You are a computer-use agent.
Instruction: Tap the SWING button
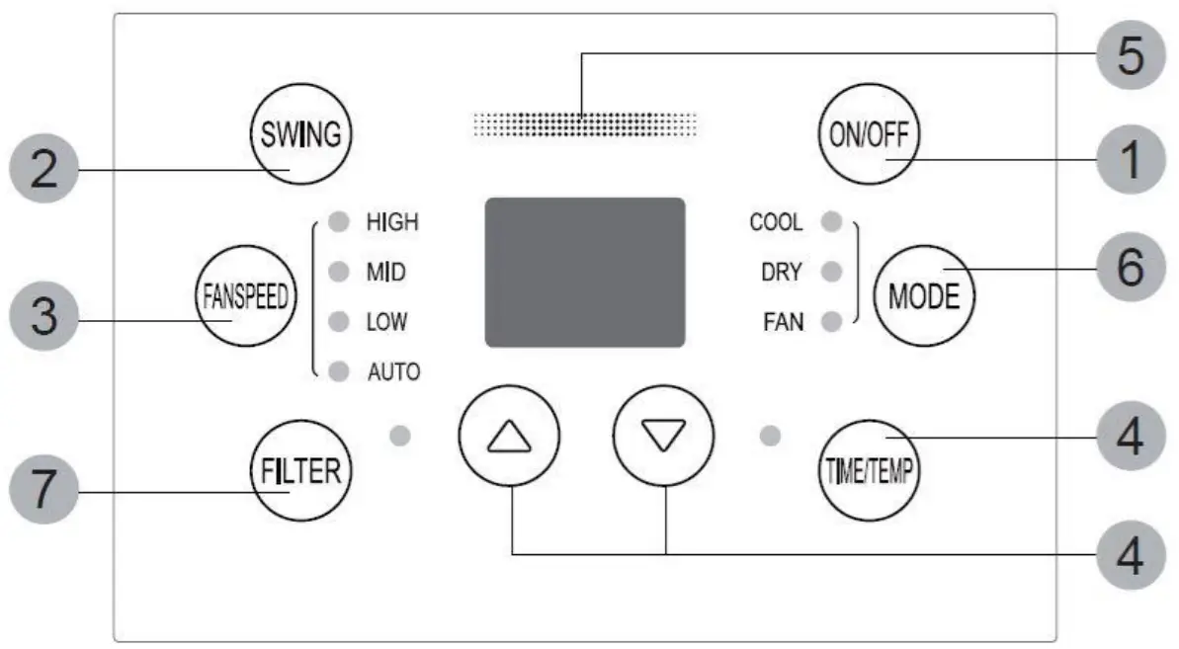(301, 133)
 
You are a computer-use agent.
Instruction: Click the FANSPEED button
(238, 299)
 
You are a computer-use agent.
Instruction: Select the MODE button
(923, 295)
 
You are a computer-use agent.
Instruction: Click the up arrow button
(509, 436)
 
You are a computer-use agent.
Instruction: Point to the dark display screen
(584, 273)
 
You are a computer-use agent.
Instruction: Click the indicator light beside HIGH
(339, 222)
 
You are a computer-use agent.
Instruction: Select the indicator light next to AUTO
(339, 372)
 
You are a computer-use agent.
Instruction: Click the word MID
(385, 273)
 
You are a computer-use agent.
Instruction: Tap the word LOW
(386, 322)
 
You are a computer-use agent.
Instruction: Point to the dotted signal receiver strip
(584, 123)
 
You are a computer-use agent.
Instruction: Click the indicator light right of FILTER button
(399, 436)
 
